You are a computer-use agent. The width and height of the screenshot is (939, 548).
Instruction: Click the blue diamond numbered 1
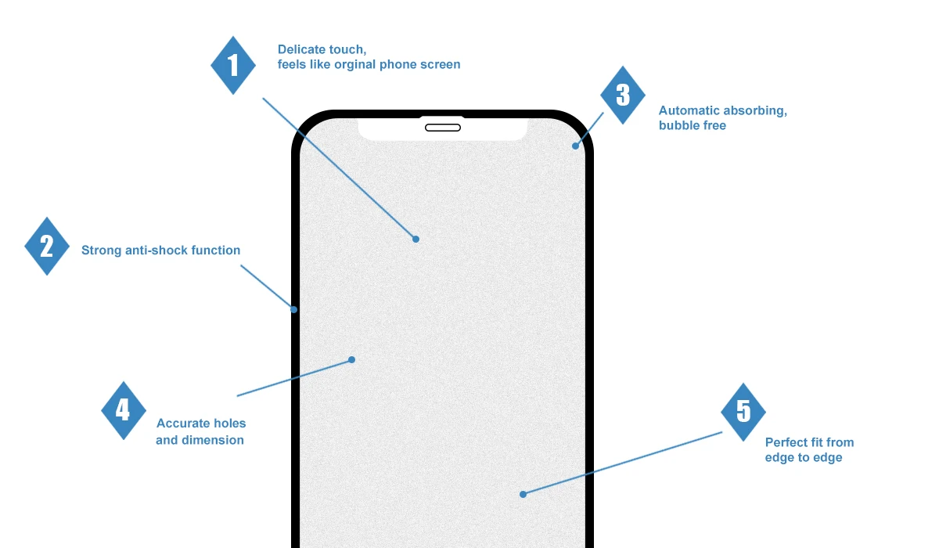(x=233, y=65)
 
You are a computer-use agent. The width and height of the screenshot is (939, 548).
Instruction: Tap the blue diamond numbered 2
(x=47, y=247)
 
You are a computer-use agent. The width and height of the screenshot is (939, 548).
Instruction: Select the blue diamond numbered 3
(x=623, y=95)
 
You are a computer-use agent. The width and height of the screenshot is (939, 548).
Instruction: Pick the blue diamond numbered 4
(x=124, y=410)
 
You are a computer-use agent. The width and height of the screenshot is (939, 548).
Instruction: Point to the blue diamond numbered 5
(x=743, y=412)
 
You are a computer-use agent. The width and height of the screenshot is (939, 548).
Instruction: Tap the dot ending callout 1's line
(x=416, y=239)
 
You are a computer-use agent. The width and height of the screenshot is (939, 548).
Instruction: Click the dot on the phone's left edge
(x=294, y=309)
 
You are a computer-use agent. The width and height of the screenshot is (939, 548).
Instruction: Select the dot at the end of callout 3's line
(x=575, y=146)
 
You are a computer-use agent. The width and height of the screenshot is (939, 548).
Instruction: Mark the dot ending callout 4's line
(x=351, y=360)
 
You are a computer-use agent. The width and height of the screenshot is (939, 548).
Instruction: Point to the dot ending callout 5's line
(x=523, y=494)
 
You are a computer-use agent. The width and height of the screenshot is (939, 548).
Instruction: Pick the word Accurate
(x=183, y=424)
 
